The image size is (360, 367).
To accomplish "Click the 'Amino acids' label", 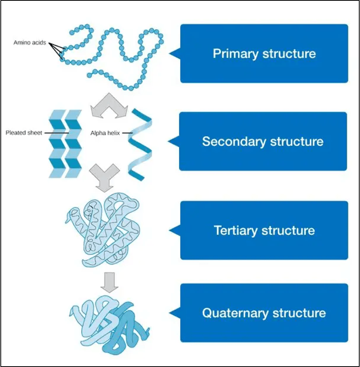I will pos(30,43).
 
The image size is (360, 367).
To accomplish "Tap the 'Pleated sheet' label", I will pos(24,133).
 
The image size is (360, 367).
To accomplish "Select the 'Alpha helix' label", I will pos(105,133).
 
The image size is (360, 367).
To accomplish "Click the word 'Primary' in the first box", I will pos(235,53).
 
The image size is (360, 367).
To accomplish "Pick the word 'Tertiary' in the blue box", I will pos(235,230).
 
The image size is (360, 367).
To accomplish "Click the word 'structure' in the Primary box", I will pos(289,53).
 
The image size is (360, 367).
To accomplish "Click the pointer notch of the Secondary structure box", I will pos(174,142).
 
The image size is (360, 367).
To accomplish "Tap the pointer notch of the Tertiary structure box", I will pos(175,230).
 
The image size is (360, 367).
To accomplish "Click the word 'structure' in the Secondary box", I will pos(297,141).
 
